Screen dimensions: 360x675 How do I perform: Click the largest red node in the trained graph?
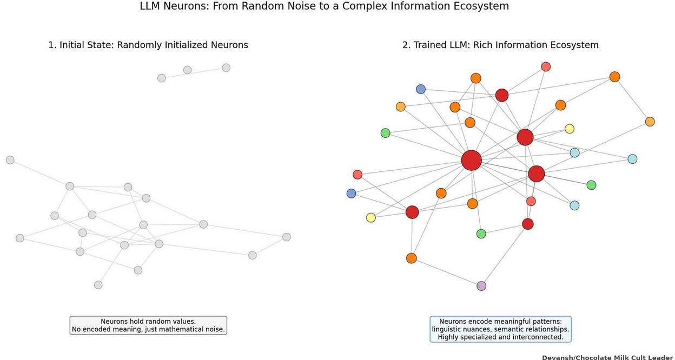coord(471,161)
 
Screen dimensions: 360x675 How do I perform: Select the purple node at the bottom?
coord(481,286)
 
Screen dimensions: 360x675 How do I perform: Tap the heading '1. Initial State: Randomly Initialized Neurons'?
coord(148,45)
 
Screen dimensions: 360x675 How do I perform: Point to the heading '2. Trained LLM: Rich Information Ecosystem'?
coord(500,45)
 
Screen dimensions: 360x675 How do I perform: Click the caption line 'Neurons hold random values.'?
coord(148,322)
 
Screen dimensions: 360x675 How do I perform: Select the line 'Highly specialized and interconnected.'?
coord(500,337)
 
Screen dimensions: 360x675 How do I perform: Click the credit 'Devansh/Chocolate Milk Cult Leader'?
coord(607,357)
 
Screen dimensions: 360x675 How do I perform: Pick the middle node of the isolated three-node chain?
coord(187,70)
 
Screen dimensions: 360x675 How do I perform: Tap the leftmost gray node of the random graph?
coord(10,160)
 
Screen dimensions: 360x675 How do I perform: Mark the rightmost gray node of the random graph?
coord(287,237)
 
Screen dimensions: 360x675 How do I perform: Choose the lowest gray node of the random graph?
coord(98,285)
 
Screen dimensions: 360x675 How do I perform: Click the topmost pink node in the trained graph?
coord(546,66)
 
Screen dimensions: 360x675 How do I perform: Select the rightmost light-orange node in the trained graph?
coord(650,122)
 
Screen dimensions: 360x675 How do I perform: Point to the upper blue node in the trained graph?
coord(421,89)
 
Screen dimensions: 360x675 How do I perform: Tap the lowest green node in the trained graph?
coord(481,234)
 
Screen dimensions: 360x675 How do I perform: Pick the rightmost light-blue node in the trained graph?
coord(632,159)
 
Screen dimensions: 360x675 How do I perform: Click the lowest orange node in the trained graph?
coord(412,258)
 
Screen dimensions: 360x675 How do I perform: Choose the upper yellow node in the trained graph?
coord(570,129)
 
